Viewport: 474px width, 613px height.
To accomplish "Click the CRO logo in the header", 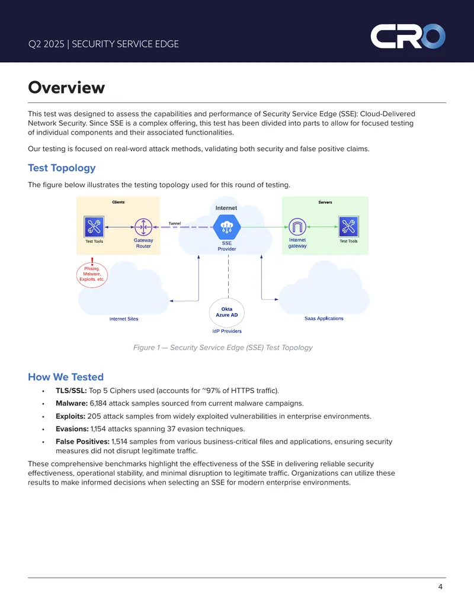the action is tap(408, 36).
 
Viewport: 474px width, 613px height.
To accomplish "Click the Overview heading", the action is tap(66, 87).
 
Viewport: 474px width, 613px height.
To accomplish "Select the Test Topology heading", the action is tap(62, 168).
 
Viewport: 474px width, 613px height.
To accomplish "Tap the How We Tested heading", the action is tap(66, 377).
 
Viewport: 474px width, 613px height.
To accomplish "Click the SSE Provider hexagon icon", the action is tap(227, 227).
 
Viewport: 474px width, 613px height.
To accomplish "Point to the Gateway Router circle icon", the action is tap(143, 227).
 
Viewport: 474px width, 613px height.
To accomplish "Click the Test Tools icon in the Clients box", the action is tap(94, 227).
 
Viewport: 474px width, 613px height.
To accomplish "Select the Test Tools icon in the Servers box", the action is tap(348, 226).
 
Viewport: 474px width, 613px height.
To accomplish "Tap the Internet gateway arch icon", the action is tap(297, 227).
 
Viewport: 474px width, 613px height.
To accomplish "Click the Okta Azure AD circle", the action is tap(227, 312).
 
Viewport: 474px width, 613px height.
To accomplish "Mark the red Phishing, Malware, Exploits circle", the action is tap(92, 274).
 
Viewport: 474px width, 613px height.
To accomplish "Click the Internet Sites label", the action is tap(124, 319).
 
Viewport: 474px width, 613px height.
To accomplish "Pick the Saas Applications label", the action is tap(324, 319).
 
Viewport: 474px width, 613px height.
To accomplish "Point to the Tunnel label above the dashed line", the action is tap(174, 224).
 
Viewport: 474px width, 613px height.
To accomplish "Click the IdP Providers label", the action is tap(227, 331).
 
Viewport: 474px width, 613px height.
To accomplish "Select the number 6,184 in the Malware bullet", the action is tap(98, 403).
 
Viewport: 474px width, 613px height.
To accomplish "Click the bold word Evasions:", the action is tap(72, 429).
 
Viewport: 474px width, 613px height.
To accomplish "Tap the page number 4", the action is tap(440, 587).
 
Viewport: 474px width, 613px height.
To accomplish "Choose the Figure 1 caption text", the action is tap(223, 348).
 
